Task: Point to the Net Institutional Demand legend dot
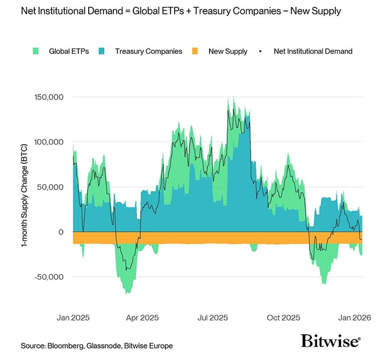(260, 52)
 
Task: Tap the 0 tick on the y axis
(59, 232)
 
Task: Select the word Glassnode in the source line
(108, 346)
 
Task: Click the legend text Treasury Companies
(148, 52)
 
